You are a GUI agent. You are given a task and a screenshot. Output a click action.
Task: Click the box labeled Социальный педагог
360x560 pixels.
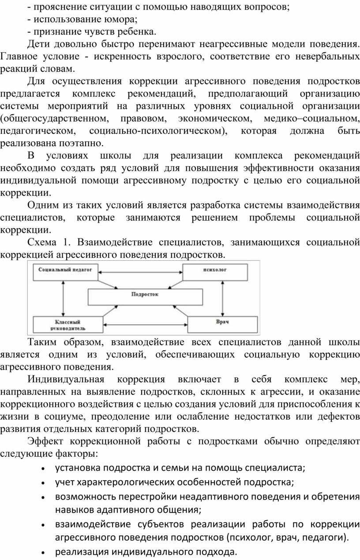(65, 272)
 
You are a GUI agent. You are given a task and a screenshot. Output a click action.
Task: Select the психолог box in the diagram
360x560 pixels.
(215, 272)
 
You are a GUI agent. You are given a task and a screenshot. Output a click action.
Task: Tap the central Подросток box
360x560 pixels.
(145, 297)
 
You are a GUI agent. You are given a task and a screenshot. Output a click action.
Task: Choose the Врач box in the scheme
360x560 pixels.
(222, 324)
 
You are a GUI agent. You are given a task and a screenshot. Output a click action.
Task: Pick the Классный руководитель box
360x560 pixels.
(68, 324)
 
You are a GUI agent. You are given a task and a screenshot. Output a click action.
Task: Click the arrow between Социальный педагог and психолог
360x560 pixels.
(140, 272)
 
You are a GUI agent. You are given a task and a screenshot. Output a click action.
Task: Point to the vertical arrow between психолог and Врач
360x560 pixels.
(222, 298)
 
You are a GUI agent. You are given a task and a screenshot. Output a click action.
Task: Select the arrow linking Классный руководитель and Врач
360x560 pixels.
(145, 325)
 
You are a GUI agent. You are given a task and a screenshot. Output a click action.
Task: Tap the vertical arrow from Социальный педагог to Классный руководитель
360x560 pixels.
(63, 298)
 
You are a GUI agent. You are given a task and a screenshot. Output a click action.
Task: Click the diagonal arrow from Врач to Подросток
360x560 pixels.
(180, 311)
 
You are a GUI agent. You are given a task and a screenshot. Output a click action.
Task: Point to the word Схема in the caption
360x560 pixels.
(42, 242)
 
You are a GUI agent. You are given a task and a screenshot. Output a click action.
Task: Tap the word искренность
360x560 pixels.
(122, 56)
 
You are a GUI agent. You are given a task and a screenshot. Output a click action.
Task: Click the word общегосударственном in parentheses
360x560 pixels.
(55, 119)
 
